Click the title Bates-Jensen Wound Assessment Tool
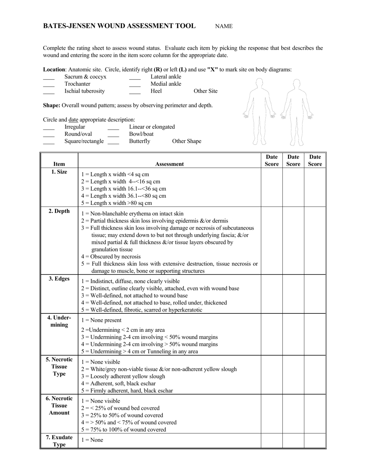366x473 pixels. point(119,26)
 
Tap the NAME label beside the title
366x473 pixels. point(223,27)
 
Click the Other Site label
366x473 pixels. point(205,91)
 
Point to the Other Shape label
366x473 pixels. point(186,141)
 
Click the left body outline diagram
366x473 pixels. point(259,112)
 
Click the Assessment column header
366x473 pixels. point(169,164)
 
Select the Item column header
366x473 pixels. point(59,164)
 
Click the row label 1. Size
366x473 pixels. point(59,172)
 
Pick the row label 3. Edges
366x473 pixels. point(59,279)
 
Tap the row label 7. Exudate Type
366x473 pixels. point(59,441)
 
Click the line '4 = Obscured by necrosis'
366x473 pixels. point(111,256)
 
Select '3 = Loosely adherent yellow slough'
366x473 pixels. point(123,376)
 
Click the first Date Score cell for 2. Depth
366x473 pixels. point(272,240)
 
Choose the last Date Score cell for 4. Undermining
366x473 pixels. point(315,334)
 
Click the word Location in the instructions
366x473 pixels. point(54,70)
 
